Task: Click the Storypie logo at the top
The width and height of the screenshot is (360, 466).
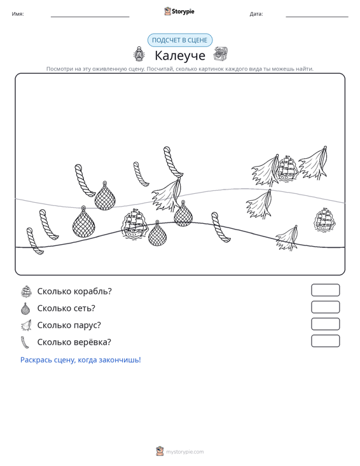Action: click(179, 11)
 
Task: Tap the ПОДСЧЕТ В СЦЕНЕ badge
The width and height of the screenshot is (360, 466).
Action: click(180, 40)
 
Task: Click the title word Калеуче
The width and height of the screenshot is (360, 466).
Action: click(180, 55)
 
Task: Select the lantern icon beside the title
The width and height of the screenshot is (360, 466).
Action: click(139, 54)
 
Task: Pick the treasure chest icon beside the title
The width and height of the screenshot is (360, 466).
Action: click(221, 54)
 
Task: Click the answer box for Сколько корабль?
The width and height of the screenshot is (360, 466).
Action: click(325, 290)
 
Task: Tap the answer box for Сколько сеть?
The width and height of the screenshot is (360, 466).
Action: click(325, 307)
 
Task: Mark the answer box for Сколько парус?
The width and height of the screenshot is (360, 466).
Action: click(325, 324)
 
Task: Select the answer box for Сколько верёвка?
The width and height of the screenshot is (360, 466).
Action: click(325, 341)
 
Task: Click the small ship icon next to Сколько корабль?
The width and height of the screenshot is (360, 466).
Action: click(26, 291)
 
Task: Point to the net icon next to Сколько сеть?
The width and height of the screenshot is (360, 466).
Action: click(26, 308)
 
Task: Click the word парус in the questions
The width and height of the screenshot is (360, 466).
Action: click(87, 325)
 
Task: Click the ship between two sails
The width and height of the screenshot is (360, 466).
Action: click(287, 168)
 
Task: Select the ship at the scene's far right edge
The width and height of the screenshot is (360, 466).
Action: click(325, 219)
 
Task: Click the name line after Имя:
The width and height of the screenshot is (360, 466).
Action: click(90, 17)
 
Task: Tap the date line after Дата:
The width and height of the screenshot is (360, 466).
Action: click(317, 17)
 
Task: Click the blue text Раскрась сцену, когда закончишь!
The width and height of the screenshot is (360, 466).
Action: click(81, 360)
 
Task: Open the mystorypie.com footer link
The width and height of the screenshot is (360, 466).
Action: click(185, 452)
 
